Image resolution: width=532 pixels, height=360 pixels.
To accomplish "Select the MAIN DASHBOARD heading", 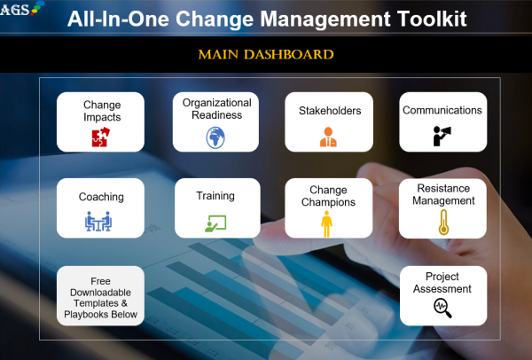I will (x=266, y=55).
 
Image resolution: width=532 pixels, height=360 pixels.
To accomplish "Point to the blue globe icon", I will (x=215, y=137).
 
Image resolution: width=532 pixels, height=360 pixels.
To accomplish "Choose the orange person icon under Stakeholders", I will (x=328, y=137).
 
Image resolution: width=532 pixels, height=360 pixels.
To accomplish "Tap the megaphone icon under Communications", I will (x=442, y=137).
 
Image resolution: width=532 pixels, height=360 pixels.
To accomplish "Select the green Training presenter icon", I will (x=215, y=222).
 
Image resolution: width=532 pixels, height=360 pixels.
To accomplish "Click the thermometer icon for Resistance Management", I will (x=442, y=222).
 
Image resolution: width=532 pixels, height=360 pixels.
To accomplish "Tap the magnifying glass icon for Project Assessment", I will (x=442, y=307).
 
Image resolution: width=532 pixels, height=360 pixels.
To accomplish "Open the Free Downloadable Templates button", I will (x=100, y=295).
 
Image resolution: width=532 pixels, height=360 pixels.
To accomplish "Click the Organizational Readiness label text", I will (x=215, y=108).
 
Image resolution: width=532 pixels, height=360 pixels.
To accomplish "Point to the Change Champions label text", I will (x=327, y=195).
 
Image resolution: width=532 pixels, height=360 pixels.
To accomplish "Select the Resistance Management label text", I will (x=442, y=194).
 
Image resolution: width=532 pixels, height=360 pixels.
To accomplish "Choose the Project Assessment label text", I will (x=442, y=283).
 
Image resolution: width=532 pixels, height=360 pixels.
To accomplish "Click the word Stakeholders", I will (x=328, y=112).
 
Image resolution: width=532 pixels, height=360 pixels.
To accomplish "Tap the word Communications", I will (x=442, y=111).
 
